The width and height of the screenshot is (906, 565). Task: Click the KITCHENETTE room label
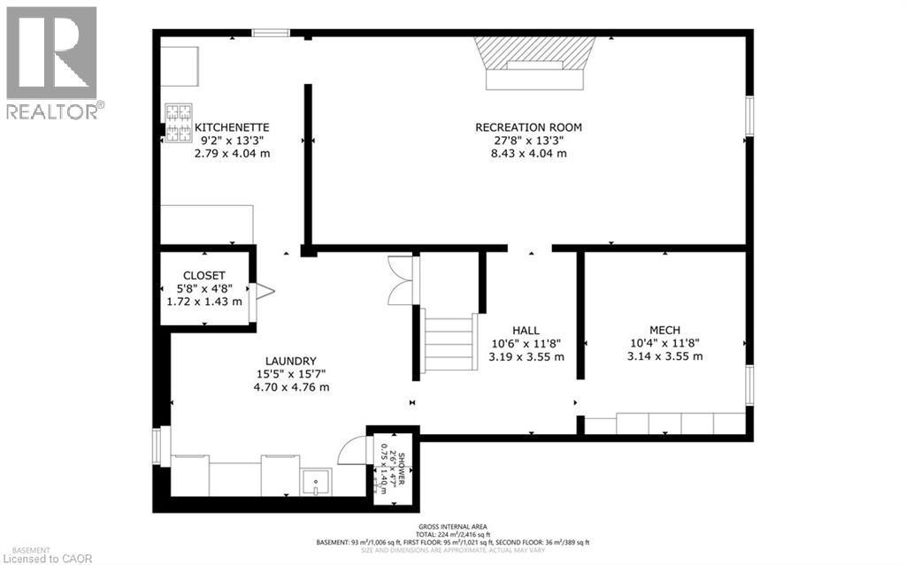point(232,127)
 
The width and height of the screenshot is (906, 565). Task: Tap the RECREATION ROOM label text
point(528,127)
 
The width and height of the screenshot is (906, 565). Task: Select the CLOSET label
point(204,275)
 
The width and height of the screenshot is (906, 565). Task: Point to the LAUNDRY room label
point(291,361)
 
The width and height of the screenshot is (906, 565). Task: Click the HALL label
point(526,331)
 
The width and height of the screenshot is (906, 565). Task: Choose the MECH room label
point(664,331)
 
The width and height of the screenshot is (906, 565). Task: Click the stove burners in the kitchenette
point(178,123)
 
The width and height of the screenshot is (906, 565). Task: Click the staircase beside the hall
point(449,340)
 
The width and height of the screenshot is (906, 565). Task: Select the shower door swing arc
point(354,449)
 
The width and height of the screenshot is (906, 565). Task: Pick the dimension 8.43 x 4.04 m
point(528,153)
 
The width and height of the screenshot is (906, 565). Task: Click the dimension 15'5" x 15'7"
point(291,374)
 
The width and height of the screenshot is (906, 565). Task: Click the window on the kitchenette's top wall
point(271,34)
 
